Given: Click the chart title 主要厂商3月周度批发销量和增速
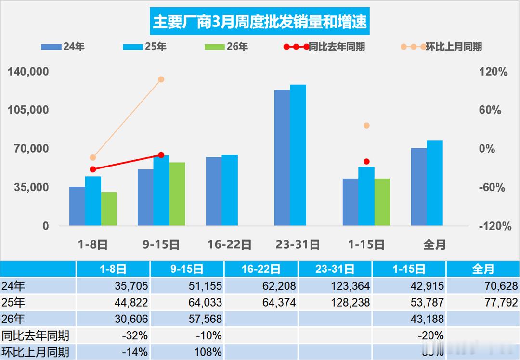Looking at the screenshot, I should [259, 22].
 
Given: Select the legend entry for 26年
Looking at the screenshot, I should [226, 47].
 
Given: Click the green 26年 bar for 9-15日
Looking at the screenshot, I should [177, 194].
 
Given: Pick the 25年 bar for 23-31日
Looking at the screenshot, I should [298, 155].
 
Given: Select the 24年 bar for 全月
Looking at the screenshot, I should [419, 187].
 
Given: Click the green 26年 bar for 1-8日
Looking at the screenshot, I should [109, 209].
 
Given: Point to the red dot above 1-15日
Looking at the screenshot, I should [366, 162].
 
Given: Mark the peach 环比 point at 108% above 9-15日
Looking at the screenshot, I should [161, 79].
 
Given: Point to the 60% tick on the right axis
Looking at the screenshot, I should [490, 110].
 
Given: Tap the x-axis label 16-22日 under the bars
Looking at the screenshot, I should [230, 244].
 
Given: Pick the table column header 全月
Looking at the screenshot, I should [482, 269].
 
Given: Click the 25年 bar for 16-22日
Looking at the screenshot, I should [230, 190].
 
